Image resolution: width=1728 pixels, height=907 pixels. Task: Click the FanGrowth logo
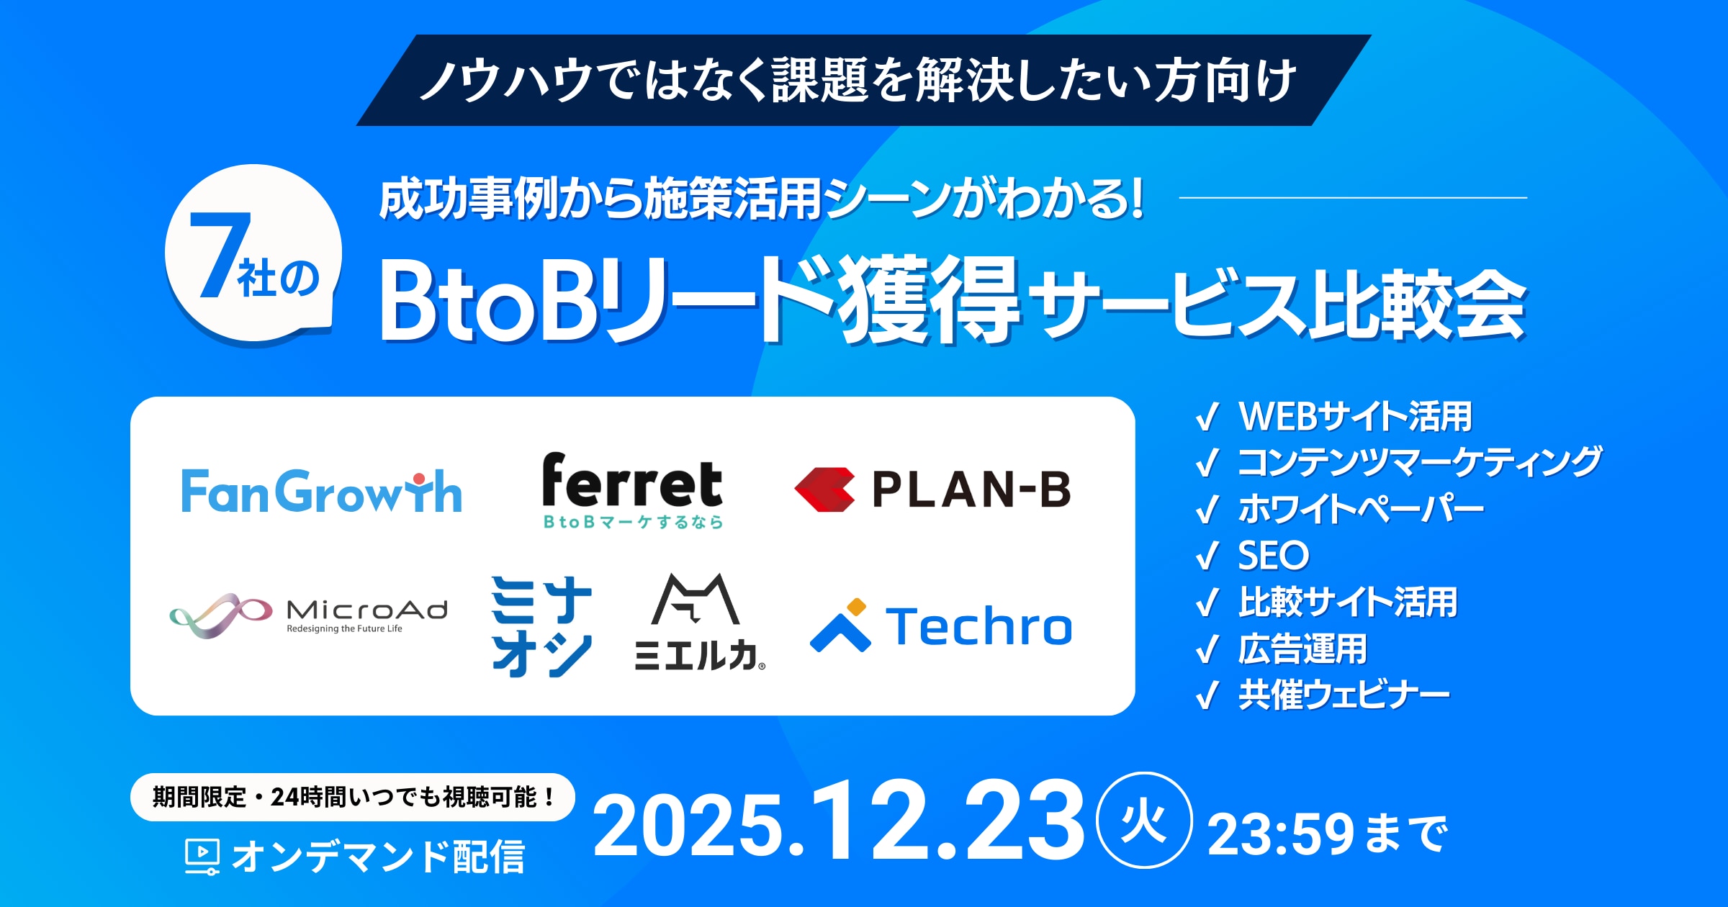pos(321,491)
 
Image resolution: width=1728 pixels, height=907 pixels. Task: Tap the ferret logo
pos(632,491)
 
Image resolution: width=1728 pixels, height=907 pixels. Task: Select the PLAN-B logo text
pos(971,489)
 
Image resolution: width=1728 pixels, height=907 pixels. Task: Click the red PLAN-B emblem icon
pos(825,489)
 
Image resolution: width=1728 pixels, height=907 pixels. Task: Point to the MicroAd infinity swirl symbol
pos(221,615)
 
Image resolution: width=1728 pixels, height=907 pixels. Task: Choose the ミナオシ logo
pos(541,626)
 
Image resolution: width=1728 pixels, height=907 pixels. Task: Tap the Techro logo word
pos(979,626)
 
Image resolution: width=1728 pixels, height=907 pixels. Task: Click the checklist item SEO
pos(1273,556)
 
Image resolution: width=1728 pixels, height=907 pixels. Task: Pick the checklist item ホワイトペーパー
pos(1361,509)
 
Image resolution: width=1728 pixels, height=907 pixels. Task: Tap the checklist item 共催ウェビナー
pos(1344,695)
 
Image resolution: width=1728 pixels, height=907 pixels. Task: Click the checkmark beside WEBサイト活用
pos(1207,416)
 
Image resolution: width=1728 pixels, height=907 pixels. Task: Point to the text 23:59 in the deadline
pos(1280,835)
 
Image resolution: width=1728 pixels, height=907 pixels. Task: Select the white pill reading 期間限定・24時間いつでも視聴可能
pos(353,798)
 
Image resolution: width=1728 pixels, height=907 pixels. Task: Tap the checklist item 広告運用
pos(1302,649)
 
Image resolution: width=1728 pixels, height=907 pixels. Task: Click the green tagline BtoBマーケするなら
pos(633,522)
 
